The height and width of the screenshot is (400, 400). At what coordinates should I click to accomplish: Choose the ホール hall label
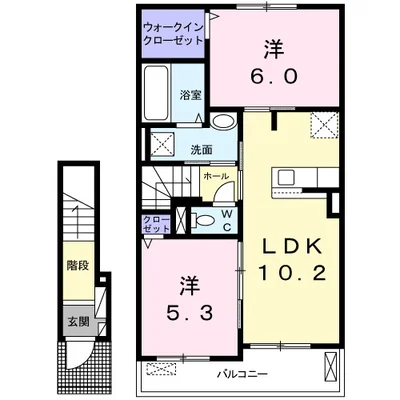pos(213,177)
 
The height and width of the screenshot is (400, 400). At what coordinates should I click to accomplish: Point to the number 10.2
pos(289,277)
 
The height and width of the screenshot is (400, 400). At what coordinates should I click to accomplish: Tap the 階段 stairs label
pos(77,267)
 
